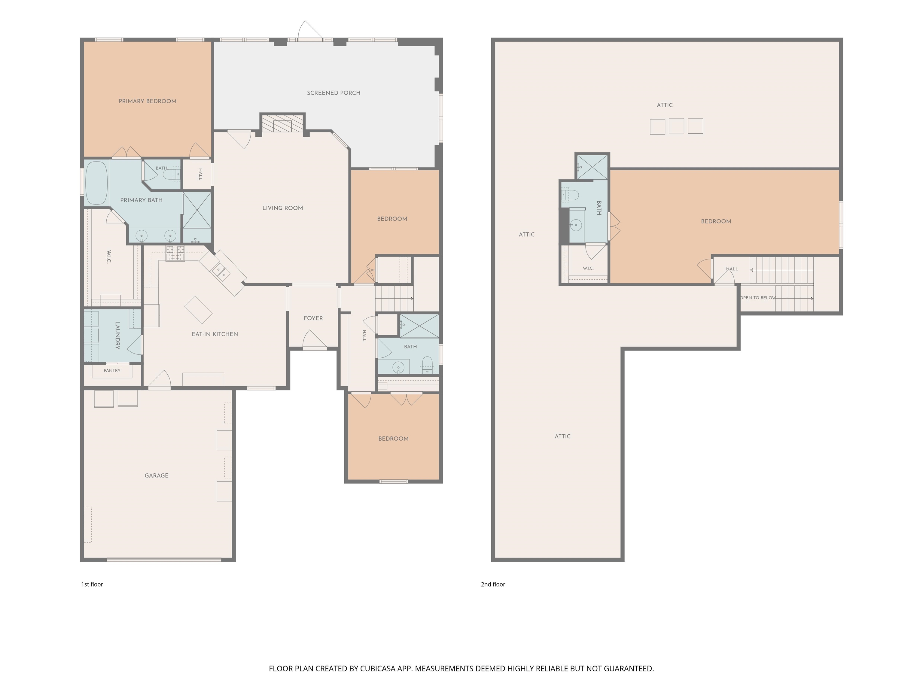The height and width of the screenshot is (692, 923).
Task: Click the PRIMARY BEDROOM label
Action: [x=147, y=101]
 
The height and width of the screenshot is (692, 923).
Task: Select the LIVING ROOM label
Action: [x=282, y=208]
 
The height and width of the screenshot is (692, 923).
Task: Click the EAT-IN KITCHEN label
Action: [x=215, y=334]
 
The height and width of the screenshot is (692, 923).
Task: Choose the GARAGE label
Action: [x=157, y=475]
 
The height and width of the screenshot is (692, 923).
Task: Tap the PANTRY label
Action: [x=112, y=370]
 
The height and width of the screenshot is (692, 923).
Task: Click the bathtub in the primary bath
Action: [x=96, y=183]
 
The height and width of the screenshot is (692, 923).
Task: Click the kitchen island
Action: [x=198, y=310]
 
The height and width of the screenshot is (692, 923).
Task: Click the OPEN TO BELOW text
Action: [x=758, y=298]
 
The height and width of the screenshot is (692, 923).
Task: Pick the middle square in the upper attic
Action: [x=676, y=126]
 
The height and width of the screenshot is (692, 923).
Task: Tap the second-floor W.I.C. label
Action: [x=588, y=268]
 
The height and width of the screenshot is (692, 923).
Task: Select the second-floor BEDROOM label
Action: [x=716, y=221]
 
